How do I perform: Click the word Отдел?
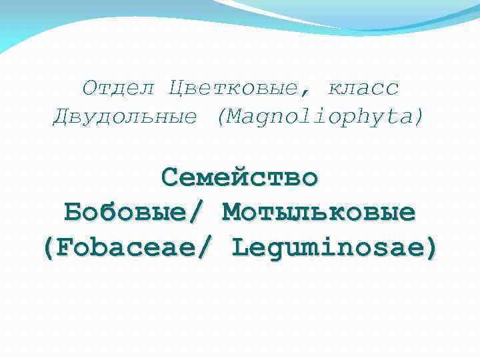119,88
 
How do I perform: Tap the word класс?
363,88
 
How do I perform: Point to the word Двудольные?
125,117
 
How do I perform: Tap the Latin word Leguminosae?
327,248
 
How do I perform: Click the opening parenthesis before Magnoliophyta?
221,118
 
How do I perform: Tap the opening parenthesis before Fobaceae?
48,249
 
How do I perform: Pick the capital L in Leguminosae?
241,248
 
